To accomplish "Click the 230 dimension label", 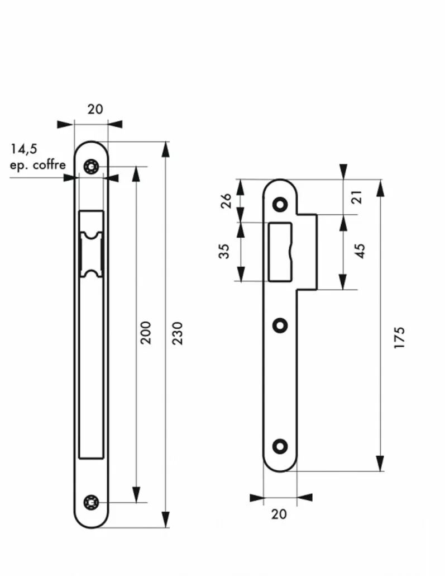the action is pyautogui.click(x=178, y=333).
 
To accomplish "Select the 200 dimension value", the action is pyautogui.click(x=146, y=332).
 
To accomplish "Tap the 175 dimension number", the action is pyautogui.click(x=399, y=338).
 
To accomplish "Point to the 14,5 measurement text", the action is pyautogui.click(x=24, y=149).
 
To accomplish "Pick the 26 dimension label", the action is pyautogui.click(x=226, y=201).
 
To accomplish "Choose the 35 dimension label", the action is pyautogui.click(x=224, y=251).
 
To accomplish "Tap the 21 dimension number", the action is pyautogui.click(x=357, y=197).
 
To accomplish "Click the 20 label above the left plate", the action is pyautogui.click(x=95, y=109).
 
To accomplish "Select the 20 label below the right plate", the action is pyautogui.click(x=279, y=514).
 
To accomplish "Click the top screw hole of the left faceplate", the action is pyautogui.click(x=91, y=167).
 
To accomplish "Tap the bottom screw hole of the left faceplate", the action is pyautogui.click(x=91, y=502).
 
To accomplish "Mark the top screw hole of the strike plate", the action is pyautogui.click(x=280, y=205).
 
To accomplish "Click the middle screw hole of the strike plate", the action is pyautogui.click(x=280, y=325).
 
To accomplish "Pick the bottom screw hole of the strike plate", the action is pyautogui.click(x=280, y=446).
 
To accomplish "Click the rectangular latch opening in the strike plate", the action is pyautogui.click(x=280, y=252).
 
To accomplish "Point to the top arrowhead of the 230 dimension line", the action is pyautogui.click(x=166, y=149).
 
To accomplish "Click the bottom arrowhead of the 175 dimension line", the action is pyautogui.click(x=380, y=463).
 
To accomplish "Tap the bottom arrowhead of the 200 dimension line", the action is pyautogui.click(x=136, y=494).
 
